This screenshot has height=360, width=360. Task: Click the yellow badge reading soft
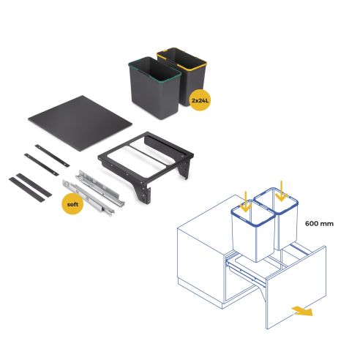point(72,204)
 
